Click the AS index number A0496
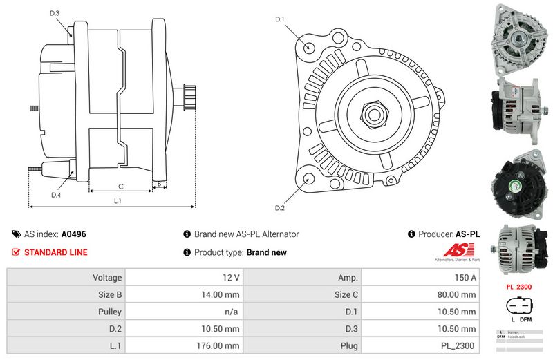pos(74,234)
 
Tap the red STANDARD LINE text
pos(56,252)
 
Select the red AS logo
pos(453,250)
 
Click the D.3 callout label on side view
pos(55,13)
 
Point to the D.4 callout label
pos(56,195)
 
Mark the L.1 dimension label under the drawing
pos(118,201)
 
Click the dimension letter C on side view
pos(120,187)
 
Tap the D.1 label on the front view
pos(280,19)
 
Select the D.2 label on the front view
pos(280,208)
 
